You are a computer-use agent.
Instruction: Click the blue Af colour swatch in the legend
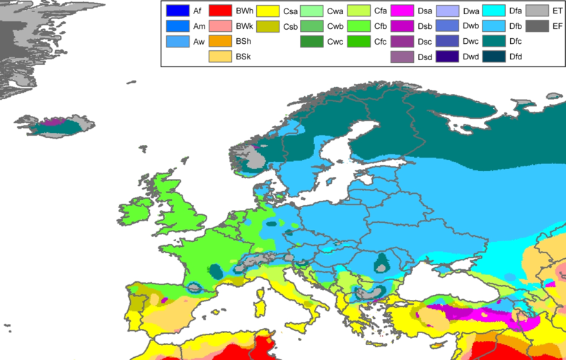(177, 11)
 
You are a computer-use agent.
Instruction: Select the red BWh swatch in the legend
(221, 11)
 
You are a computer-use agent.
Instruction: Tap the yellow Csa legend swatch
(267, 11)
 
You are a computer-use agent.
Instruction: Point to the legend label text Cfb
(380, 26)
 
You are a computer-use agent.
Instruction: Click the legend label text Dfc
(516, 42)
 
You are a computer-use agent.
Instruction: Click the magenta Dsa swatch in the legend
(403, 11)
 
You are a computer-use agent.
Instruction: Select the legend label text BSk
(243, 57)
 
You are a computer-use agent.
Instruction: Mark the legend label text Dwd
(470, 57)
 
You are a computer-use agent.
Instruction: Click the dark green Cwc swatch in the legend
(313, 42)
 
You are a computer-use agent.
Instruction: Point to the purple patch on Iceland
(50, 122)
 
